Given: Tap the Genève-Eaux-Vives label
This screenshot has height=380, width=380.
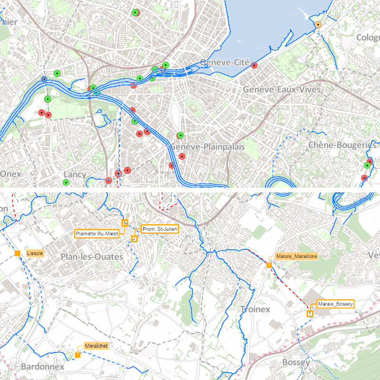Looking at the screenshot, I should point(276,89).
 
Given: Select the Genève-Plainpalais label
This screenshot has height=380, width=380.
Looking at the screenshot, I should point(208,147).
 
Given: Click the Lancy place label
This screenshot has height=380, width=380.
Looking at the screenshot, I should point(75,174).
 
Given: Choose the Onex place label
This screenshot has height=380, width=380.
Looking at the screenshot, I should point(10,174).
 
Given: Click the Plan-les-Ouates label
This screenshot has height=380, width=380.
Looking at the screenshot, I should point(92,256).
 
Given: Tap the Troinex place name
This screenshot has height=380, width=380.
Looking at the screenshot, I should point(255,309).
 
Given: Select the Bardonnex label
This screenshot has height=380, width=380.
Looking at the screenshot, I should point(43,367).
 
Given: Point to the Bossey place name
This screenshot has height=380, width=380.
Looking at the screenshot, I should point(296,362).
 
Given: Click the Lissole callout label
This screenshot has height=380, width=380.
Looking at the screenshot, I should point(36,253).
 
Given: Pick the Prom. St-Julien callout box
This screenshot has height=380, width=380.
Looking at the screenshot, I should point(160,229).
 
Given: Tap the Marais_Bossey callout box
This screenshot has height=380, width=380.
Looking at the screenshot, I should point(336,304).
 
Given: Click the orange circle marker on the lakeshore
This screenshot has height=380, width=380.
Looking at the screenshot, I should point(318,25).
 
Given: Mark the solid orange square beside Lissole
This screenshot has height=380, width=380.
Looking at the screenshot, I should point(18,253).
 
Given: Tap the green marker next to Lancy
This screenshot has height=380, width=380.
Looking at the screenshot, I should point(66,182).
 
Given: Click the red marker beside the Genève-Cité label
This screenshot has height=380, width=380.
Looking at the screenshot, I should point(254,66).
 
